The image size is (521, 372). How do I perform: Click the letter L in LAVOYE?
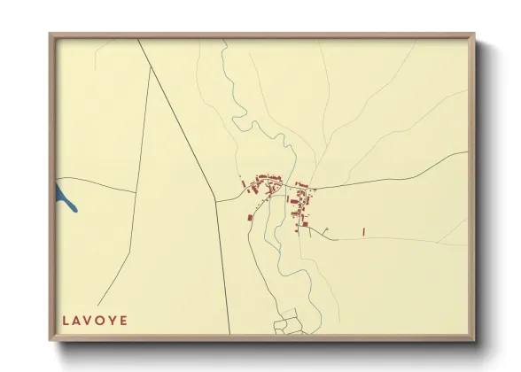click(65, 320)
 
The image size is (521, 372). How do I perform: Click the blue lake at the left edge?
click(65, 197)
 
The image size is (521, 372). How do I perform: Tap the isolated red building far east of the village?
click(363, 231)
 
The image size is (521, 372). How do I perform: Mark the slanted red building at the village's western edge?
click(243, 184)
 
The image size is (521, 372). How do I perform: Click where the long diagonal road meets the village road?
click(216, 201)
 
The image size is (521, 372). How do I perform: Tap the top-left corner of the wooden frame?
click(51, 35)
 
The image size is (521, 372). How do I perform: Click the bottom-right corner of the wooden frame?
click(473, 338)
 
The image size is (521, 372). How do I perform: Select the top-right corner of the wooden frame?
click(473, 35)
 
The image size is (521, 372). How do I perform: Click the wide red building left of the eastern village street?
click(293, 202)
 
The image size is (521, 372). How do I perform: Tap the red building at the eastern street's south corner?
click(305, 224)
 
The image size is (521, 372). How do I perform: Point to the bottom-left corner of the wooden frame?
click(51, 338)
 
